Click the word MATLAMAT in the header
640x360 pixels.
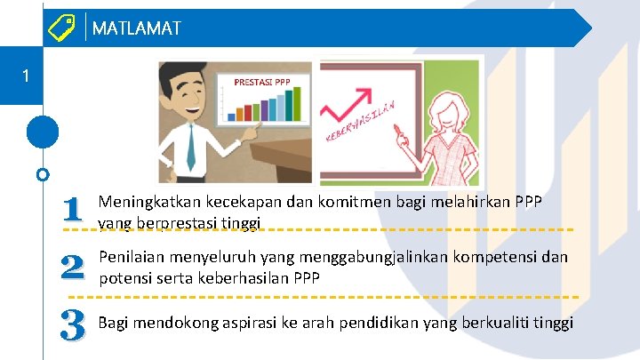(x=136, y=28)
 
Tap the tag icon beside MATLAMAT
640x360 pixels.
(x=62, y=28)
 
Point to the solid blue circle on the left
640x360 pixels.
(x=43, y=132)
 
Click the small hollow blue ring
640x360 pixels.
(x=43, y=174)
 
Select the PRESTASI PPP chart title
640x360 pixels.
(x=261, y=83)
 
